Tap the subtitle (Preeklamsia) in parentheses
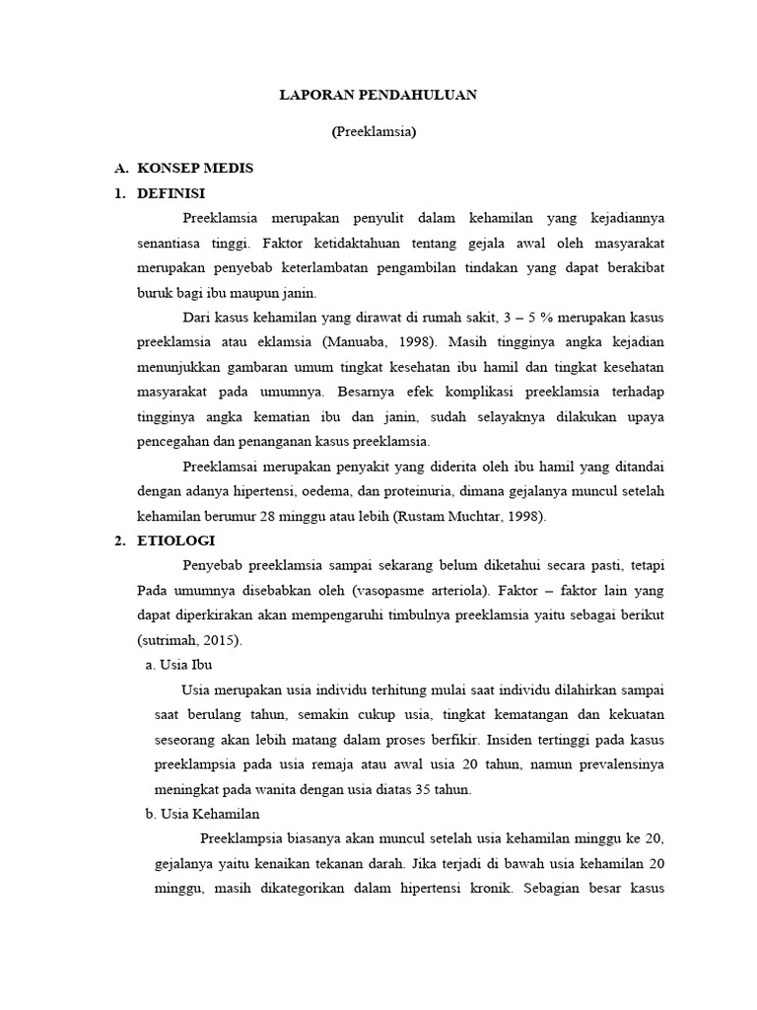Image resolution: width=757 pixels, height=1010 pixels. tap(374, 133)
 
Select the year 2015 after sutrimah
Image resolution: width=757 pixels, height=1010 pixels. tap(219, 640)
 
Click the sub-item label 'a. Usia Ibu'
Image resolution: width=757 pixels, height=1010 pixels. tap(178, 665)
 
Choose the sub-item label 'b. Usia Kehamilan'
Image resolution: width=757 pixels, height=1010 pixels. tap(201, 814)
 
